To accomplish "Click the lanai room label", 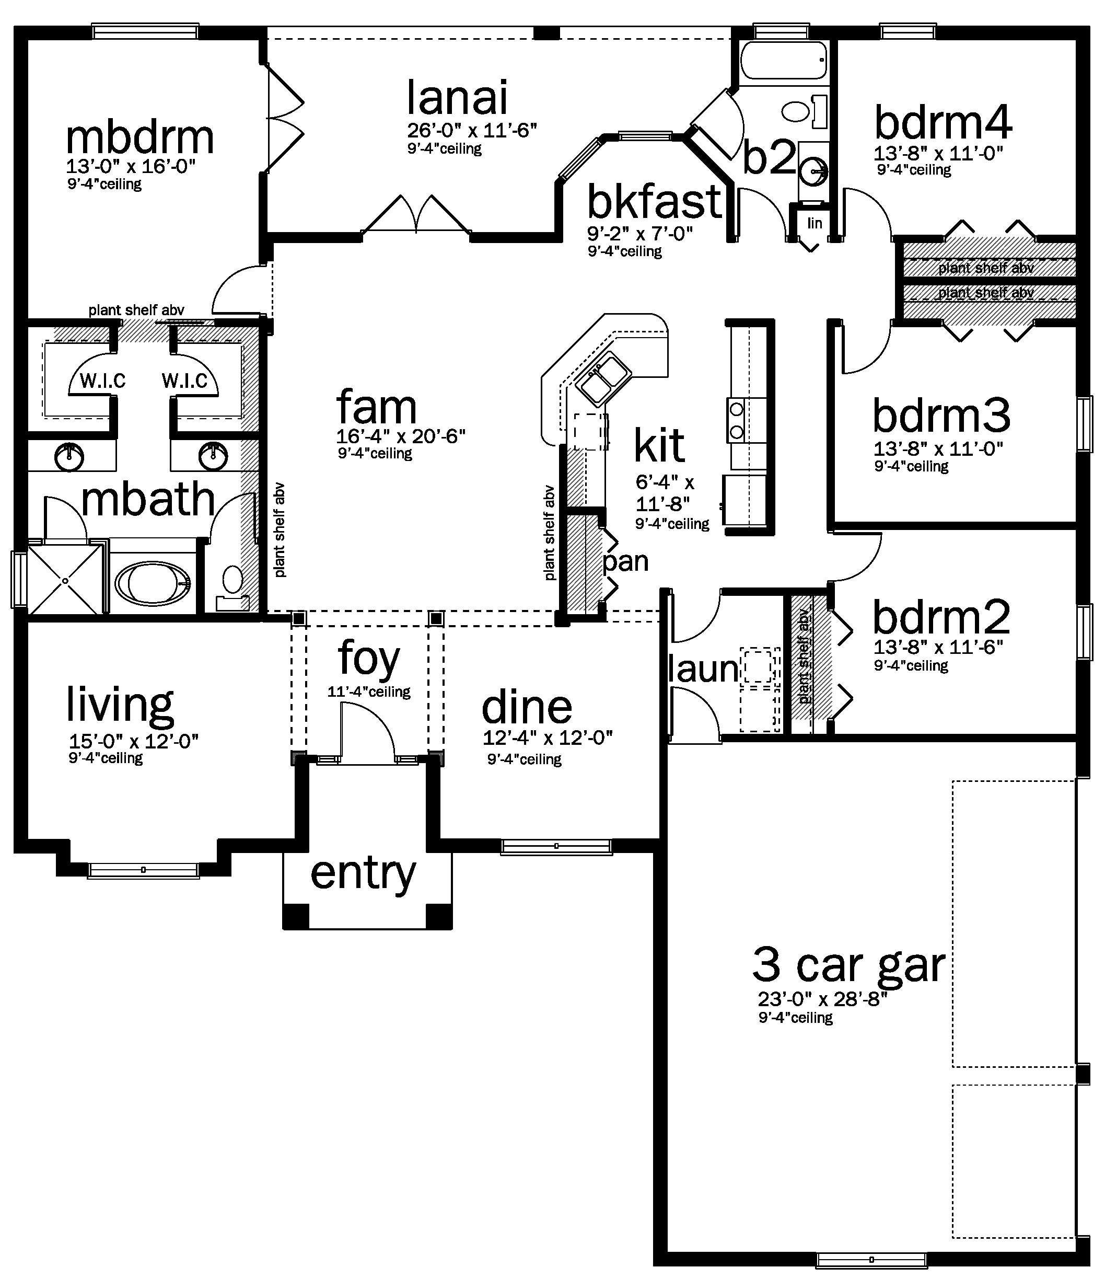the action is click(457, 98).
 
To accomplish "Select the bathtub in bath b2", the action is click(784, 60).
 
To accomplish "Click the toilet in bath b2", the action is click(805, 112).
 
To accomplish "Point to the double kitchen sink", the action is click(604, 378).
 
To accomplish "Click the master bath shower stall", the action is click(65, 580).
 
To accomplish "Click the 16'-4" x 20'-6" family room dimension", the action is click(400, 436).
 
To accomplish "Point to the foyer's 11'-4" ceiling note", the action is click(369, 692).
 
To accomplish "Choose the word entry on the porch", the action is click(364, 873).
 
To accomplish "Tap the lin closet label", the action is click(815, 223).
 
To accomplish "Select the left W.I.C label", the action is click(102, 381).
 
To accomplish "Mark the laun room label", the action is click(703, 669).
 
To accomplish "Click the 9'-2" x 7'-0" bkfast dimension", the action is click(640, 234).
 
